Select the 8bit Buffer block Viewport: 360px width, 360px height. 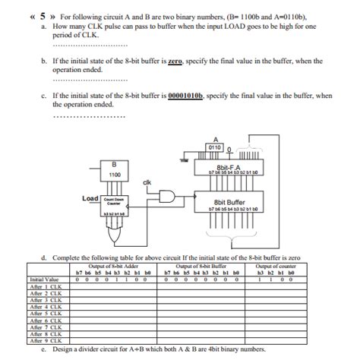[x=229, y=204]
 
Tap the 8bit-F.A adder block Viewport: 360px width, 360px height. [x=229, y=169]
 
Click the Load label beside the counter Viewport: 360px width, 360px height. [x=90, y=199]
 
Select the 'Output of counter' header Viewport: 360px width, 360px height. [x=278, y=265]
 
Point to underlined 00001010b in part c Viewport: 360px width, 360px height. [x=182, y=96]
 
